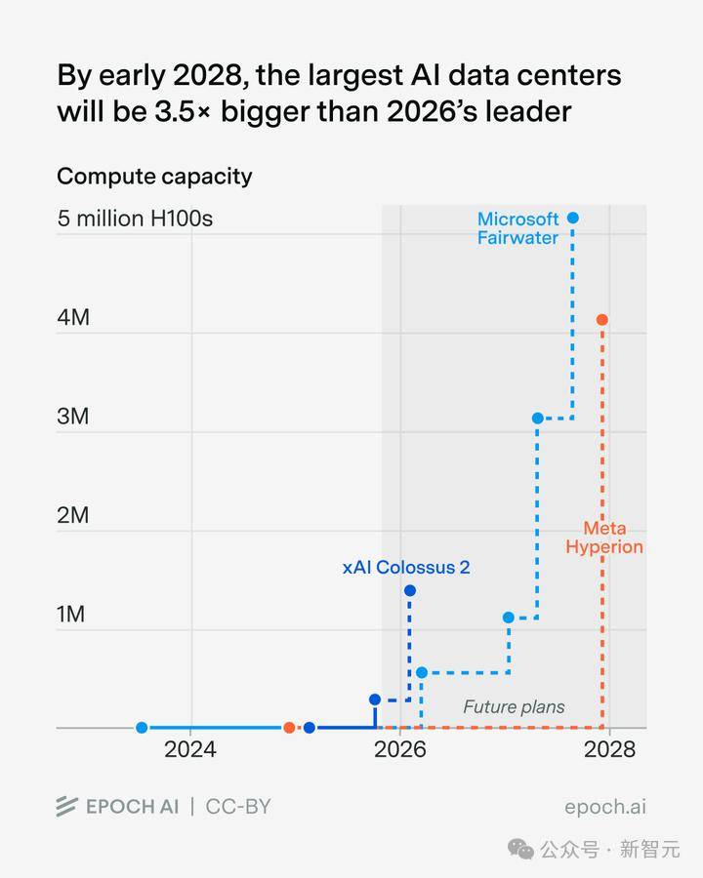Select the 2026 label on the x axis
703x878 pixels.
tap(400, 749)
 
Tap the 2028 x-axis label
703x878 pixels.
tap(609, 749)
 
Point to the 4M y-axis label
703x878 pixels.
tap(73, 317)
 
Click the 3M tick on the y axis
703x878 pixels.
tap(73, 417)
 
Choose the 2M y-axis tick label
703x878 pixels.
tap(73, 515)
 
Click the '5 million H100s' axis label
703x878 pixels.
tap(135, 219)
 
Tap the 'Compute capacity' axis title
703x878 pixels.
tap(154, 177)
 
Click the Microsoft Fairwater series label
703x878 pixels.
tap(517, 228)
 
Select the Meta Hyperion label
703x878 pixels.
tap(604, 538)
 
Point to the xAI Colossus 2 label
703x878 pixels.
tap(406, 567)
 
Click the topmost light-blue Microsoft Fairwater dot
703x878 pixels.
tap(573, 218)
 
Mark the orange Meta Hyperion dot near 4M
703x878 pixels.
tap(602, 320)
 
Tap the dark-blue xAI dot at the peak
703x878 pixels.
tap(409, 590)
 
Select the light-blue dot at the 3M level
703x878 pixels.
tap(537, 419)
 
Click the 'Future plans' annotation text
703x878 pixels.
tap(514, 707)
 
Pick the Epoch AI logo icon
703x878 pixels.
tap(66, 807)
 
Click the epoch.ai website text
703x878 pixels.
tap(604, 807)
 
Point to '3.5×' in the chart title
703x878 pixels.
tap(181, 111)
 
